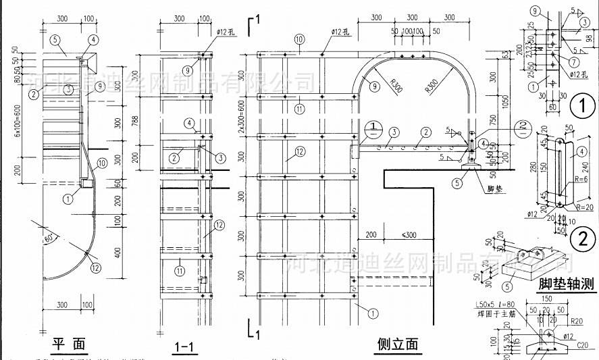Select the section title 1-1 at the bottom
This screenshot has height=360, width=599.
coord(184,348)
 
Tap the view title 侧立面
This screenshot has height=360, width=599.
coord(397,344)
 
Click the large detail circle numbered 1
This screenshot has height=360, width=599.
coord(581,106)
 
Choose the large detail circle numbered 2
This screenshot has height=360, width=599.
coord(581,238)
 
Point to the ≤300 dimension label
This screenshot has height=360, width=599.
coord(409,234)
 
